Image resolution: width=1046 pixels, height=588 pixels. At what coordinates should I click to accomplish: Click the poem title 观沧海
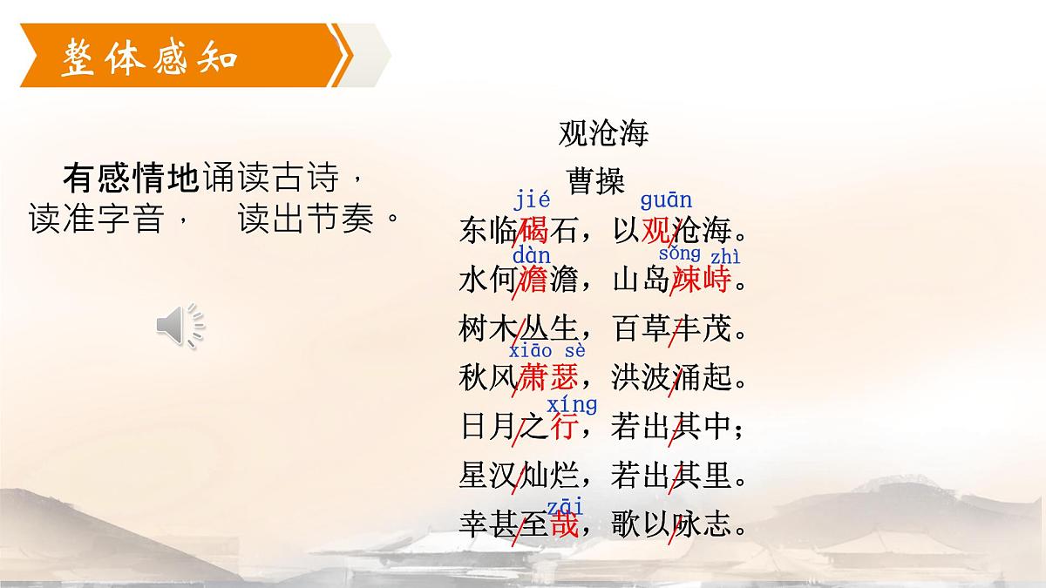click(603, 134)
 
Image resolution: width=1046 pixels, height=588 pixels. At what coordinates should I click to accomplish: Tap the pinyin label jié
click(532, 200)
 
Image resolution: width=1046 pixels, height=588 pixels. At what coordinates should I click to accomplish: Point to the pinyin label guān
click(666, 200)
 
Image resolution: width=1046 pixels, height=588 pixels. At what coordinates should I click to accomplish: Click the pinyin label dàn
click(532, 255)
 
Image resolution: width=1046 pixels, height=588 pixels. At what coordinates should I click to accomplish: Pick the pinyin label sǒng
click(680, 253)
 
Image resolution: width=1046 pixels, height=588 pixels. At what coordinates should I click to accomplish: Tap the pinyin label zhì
click(725, 256)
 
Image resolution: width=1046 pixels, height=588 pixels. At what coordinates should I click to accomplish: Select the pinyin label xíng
click(572, 405)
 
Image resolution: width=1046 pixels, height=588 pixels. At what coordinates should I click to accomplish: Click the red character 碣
click(533, 231)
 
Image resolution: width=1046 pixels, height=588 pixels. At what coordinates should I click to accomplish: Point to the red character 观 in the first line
click(657, 231)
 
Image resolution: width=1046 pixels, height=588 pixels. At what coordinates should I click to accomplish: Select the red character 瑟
click(562, 379)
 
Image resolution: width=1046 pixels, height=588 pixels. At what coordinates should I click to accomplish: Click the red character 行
click(566, 428)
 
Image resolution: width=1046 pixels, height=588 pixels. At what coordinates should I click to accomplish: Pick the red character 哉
click(564, 526)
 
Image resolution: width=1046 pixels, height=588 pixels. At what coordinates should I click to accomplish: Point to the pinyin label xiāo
click(532, 351)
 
